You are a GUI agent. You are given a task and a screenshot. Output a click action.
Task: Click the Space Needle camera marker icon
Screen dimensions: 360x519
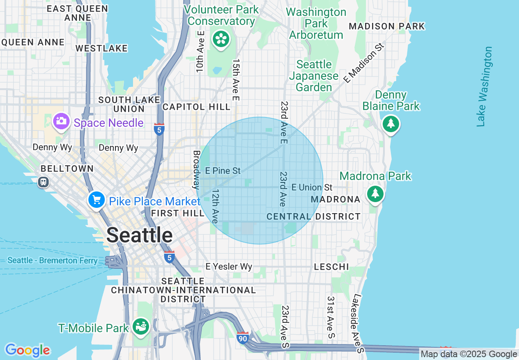point(61,122)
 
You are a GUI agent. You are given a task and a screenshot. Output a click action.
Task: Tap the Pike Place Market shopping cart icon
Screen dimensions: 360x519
point(96,200)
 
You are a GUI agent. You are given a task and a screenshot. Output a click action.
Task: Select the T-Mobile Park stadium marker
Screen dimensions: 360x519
point(141,326)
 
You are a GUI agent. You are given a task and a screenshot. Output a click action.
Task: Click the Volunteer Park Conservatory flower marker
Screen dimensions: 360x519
point(221,39)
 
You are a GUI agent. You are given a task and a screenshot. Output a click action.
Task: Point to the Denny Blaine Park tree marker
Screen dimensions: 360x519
point(391,124)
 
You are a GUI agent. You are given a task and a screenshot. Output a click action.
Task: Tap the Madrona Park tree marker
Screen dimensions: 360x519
point(375,193)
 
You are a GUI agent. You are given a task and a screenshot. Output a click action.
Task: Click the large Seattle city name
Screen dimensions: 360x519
point(140,235)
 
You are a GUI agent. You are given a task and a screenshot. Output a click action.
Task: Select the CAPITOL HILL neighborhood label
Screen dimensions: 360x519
point(196,107)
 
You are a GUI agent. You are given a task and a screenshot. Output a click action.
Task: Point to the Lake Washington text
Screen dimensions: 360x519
point(484,86)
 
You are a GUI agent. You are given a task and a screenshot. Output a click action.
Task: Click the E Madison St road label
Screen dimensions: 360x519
point(365,63)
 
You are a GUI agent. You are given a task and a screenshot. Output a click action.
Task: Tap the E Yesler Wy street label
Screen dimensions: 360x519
point(229,267)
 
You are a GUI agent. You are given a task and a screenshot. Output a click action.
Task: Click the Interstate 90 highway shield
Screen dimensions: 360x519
point(243,337)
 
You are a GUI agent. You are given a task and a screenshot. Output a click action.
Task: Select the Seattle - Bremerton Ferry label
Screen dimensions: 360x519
point(53,261)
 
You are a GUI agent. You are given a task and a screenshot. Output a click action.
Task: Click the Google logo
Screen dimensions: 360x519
point(27,350)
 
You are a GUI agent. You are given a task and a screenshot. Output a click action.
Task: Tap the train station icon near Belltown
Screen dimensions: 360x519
point(43,182)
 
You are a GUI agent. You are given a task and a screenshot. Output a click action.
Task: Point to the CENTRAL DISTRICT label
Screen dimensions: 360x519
point(314,216)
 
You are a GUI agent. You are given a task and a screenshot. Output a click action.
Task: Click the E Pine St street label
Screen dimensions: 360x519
point(223,171)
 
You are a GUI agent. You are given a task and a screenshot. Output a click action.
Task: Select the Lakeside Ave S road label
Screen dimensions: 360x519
point(358,323)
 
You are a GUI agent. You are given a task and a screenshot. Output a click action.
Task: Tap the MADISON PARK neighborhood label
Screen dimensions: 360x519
point(387,27)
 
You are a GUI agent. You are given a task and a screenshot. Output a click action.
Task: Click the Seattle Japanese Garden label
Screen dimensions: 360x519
point(314,76)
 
